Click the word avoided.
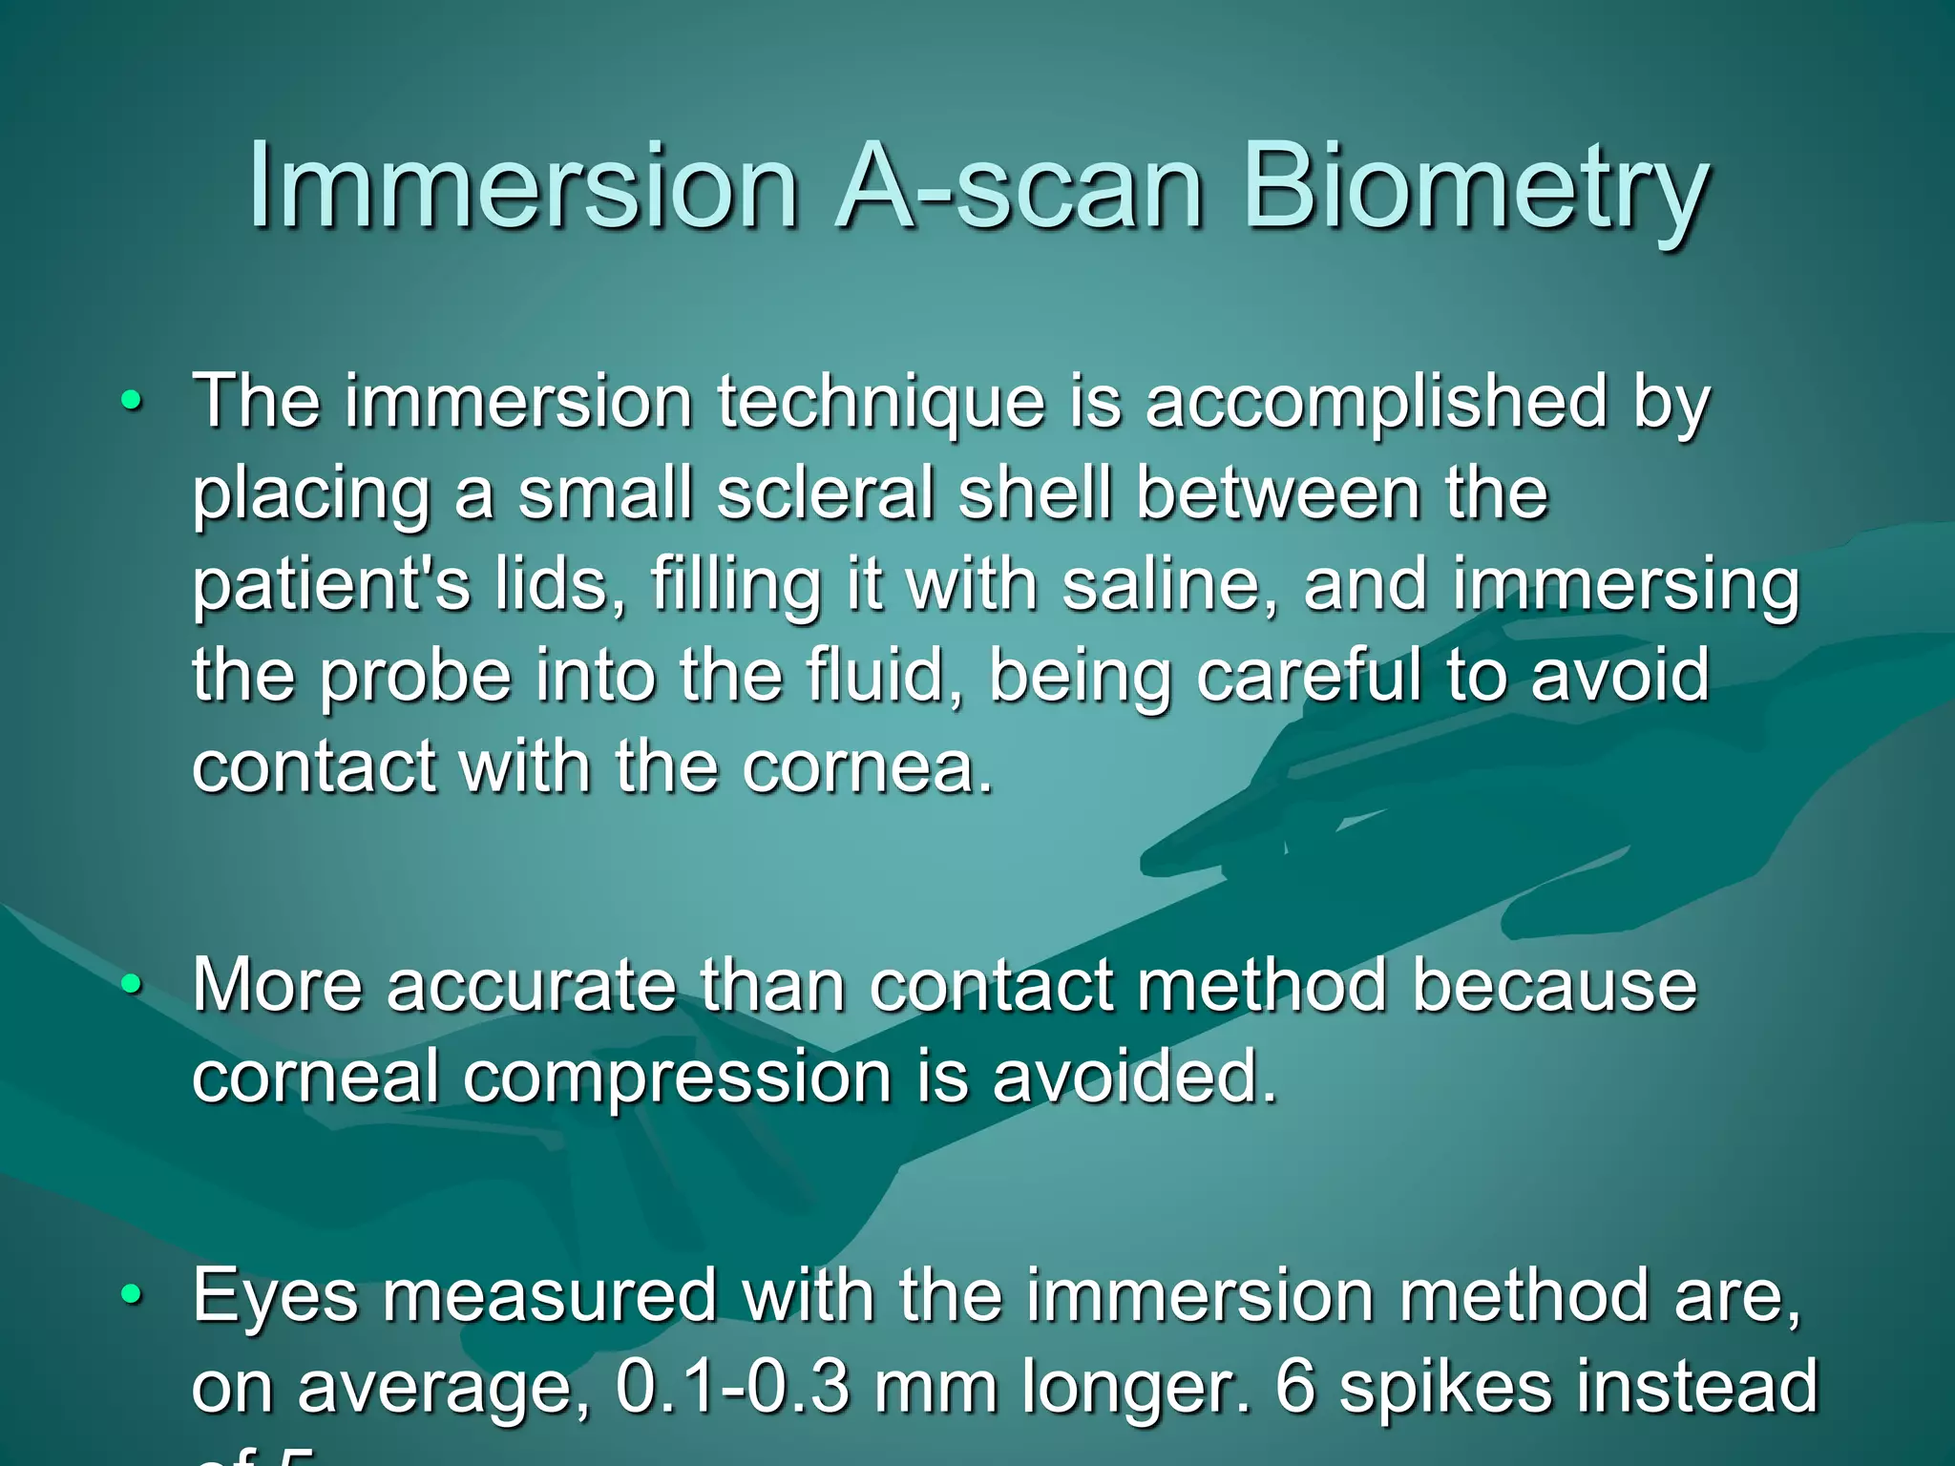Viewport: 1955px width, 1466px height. coord(1133,1077)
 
